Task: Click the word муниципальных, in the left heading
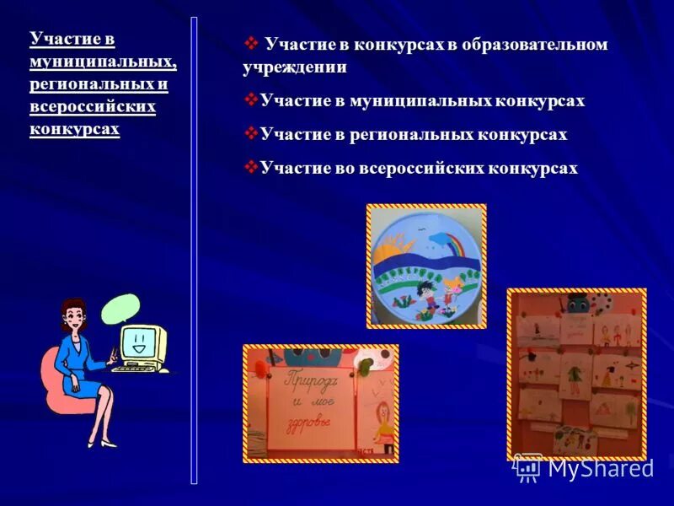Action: [103, 62]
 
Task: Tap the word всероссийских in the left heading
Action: [93, 107]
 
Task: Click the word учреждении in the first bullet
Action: [294, 67]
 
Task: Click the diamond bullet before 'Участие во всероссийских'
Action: [250, 167]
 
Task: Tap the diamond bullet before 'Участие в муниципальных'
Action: [250, 100]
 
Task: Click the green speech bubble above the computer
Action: [119, 309]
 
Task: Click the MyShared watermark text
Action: [600, 469]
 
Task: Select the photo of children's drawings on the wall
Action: [576, 374]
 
